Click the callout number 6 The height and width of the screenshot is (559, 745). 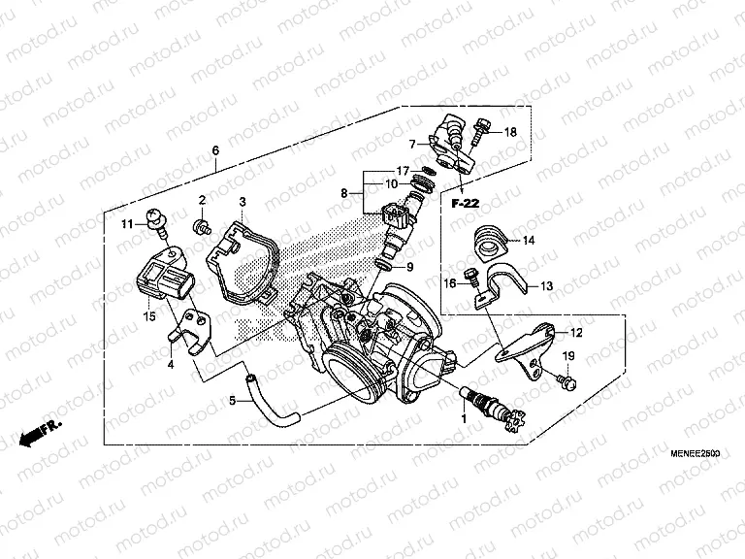pyautogui.click(x=215, y=150)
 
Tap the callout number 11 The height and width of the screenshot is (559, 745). pyautogui.click(x=127, y=225)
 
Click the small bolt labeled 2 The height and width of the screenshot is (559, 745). pyautogui.click(x=202, y=227)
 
